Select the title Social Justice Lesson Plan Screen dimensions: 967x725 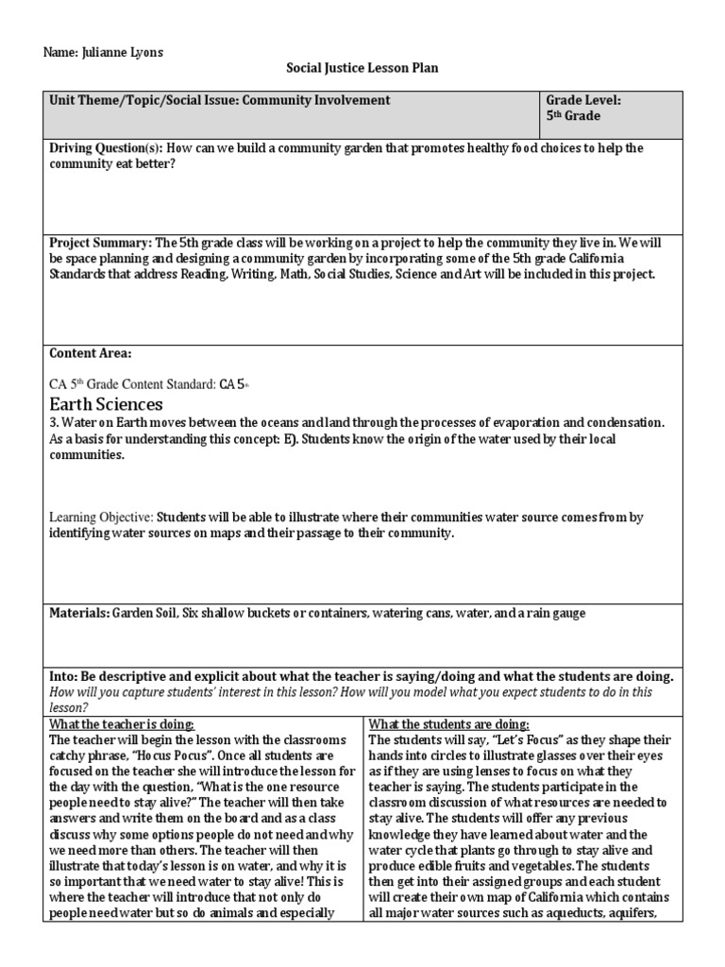(x=362, y=68)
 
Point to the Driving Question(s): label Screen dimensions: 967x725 (x=106, y=148)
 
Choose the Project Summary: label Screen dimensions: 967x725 (x=99, y=243)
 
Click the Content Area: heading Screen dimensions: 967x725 (x=91, y=353)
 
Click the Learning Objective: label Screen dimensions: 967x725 (x=101, y=517)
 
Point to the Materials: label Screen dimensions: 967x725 (x=78, y=613)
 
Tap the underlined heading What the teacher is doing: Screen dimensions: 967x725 (x=122, y=724)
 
